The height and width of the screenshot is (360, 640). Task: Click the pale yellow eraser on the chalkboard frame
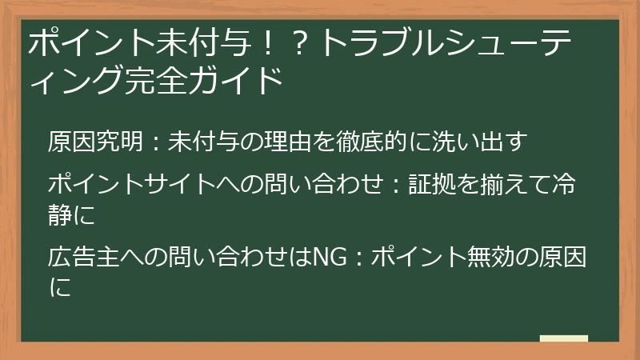(563, 338)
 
